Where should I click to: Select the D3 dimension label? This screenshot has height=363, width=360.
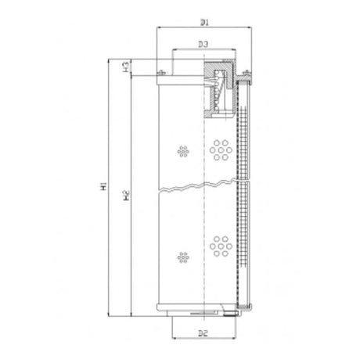[203, 44]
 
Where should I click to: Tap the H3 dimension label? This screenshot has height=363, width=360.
[126, 67]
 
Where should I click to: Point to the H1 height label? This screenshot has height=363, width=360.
[103, 188]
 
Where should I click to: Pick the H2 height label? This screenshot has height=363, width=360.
[126, 194]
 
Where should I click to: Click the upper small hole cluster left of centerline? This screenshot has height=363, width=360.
[184, 149]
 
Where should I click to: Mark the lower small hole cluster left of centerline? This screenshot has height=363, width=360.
[184, 255]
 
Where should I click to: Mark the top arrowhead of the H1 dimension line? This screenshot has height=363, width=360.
[110, 61]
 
